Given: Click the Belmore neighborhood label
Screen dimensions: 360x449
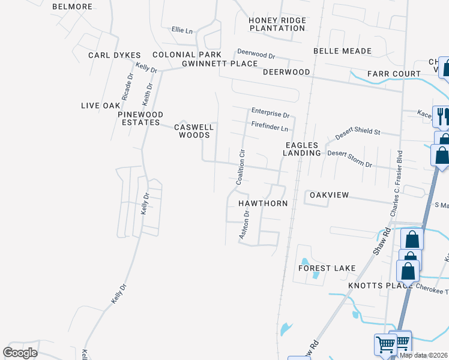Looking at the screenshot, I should pyautogui.click(x=72, y=7).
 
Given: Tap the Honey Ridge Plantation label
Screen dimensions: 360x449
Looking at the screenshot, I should pyautogui.click(x=277, y=24).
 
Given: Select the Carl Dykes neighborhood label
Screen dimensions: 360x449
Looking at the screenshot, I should pyautogui.click(x=114, y=55).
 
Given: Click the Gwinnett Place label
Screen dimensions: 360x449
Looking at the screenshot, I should pyautogui.click(x=215, y=63).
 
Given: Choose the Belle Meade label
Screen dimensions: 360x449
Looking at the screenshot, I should pyautogui.click(x=342, y=51).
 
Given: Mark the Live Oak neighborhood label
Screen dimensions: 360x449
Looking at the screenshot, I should pyautogui.click(x=101, y=106).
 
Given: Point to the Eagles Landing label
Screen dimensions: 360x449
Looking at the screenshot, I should pyautogui.click(x=303, y=149).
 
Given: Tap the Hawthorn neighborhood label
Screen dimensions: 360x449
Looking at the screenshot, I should pyautogui.click(x=263, y=203).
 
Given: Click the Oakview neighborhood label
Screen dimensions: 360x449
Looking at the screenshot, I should pyautogui.click(x=329, y=195).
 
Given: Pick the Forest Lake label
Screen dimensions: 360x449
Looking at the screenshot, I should pyautogui.click(x=327, y=268).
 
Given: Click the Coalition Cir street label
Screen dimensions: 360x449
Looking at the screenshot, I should pyautogui.click(x=241, y=168).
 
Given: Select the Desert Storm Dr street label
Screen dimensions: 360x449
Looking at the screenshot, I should pyautogui.click(x=349, y=159).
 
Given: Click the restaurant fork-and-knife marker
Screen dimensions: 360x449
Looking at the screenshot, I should pyautogui.click(x=442, y=116).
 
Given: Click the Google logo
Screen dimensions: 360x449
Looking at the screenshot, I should pyautogui.click(x=20, y=353).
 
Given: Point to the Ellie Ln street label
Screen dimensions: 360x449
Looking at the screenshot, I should pyautogui.click(x=182, y=29).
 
